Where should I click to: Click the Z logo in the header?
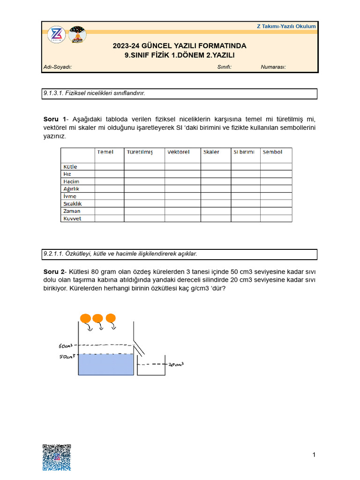coord(57,35)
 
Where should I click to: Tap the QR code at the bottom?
coord(57,457)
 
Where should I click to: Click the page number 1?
coord(314,455)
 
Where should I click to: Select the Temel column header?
coord(105,152)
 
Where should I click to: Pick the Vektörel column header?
coord(178,152)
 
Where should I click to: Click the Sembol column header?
coord(272,152)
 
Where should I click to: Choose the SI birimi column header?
coord(244,152)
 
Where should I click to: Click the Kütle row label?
coord(70,166)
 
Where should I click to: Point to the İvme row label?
coord(69,196)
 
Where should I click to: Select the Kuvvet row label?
coord(72,218)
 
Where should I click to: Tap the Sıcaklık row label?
coord(72,203)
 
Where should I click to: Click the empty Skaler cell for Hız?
coord(216,174)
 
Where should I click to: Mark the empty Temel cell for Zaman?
coord(109,211)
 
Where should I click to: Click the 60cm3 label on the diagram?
coord(66,346)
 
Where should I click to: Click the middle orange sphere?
coord(98,319)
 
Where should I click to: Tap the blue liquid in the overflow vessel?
coord(106,365)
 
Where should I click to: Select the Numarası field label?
coord(273,67)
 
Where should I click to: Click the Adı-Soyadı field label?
coord(57,67)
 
